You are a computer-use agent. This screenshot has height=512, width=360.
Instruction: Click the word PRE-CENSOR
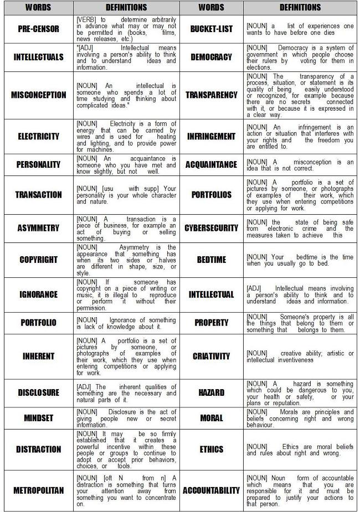click(x=38, y=29)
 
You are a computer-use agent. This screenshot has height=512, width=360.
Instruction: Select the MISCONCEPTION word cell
click(x=38, y=95)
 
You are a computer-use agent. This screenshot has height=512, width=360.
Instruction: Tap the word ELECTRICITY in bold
click(x=38, y=136)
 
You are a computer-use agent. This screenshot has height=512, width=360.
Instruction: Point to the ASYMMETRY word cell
click(x=38, y=228)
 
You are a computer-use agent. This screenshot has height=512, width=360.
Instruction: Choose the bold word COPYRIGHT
click(x=38, y=260)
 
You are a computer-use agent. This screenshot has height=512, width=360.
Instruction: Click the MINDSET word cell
click(x=38, y=418)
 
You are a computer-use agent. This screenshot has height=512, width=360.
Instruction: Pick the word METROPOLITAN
click(x=38, y=490)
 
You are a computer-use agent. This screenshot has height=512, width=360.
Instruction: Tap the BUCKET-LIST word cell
click(x=211, y=29)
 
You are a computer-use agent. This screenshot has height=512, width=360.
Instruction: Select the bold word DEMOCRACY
click(x=211, y=57)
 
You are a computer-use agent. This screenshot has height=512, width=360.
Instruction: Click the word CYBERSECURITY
click(x=211, y=228)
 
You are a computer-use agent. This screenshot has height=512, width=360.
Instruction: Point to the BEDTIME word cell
click(x=211, y=260)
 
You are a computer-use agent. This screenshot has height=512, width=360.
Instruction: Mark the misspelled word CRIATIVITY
click(x=211, y=356)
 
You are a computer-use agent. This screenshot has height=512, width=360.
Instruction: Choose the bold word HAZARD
click(x=211, y=392)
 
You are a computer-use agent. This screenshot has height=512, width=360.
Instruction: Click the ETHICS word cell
click(x=211, y=449)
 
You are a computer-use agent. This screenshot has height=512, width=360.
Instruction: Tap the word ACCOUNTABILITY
click(x=211, y=490)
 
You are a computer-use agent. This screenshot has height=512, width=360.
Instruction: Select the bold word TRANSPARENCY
click(x=211, y=95)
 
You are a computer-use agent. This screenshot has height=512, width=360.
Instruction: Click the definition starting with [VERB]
click(x=126, y=29)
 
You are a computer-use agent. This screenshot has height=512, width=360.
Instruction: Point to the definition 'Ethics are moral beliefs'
click(x=300, y=449)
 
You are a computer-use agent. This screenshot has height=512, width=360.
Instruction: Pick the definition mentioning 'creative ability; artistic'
click(x=300, y=356)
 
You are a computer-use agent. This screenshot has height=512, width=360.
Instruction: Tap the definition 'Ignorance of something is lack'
click(x=126, y=323)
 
